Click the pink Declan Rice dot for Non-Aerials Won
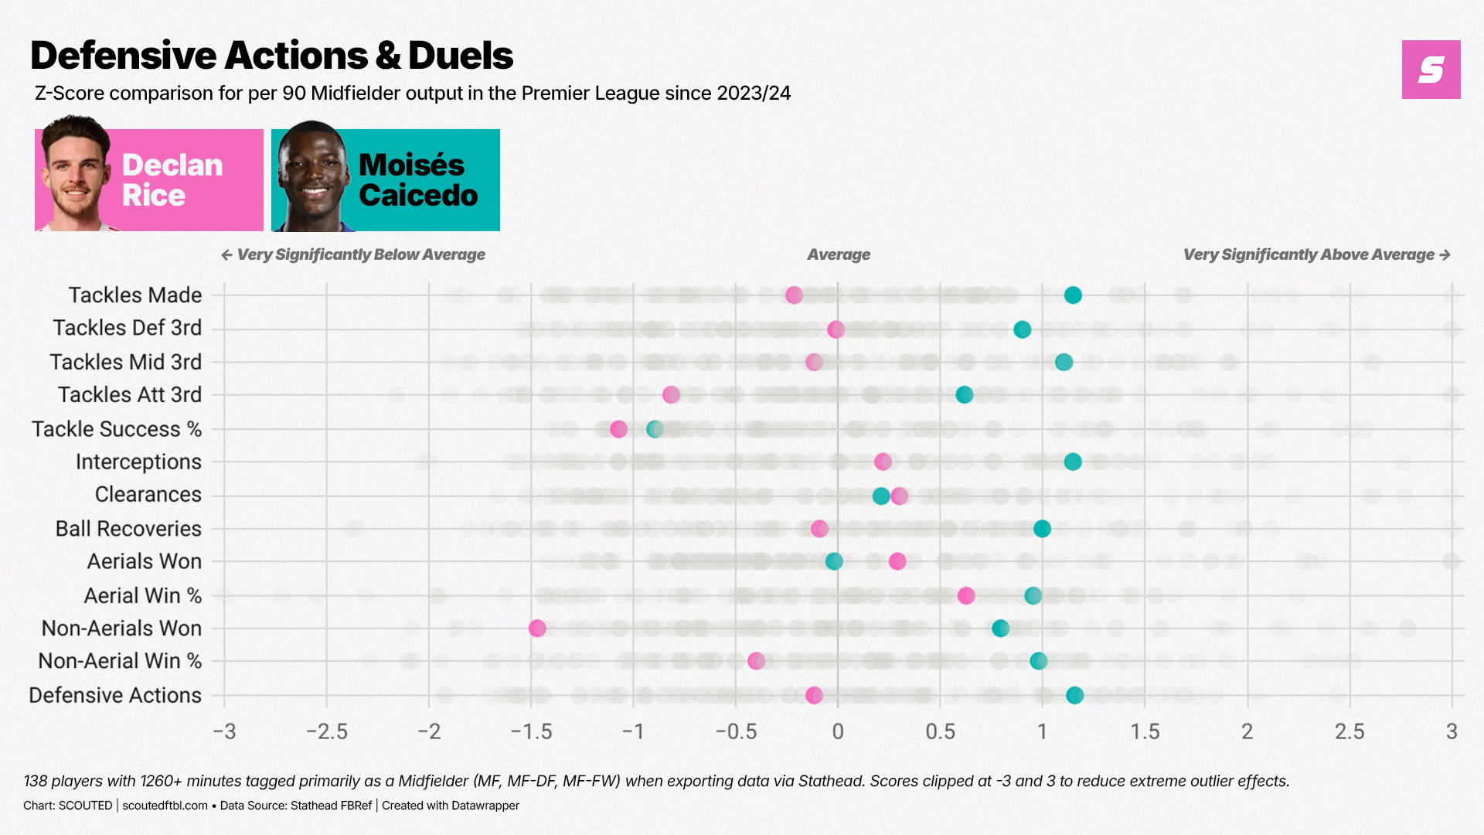[x=537, y=628]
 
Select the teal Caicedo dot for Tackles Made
[x=1073, y=295]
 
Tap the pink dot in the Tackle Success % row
[x=618, y=429]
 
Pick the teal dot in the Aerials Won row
[x=834, y=561]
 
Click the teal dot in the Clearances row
[x=881, y=496]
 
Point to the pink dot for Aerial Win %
[x=966, y=595]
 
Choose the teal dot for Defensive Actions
[x=1074, y=695]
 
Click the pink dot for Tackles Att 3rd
[x=671, y=395]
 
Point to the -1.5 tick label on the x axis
[x=531, y=731]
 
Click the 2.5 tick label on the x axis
[x=1350, y=731]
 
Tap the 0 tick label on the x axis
[x=838, y=731]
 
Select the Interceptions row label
[x=138, y=462]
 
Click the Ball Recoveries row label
[x=128, y=529]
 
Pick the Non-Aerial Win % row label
[x=120, y=661]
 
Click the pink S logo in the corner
[x=1431, y=70]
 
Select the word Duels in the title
[x=461, y=56]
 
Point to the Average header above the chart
[x=839, y=254]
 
